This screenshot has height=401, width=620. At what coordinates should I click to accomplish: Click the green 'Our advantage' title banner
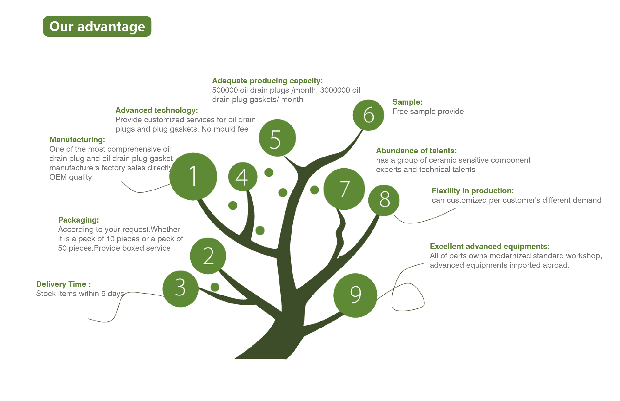[97, 26]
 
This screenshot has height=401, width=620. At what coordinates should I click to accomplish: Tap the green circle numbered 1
[193, 176]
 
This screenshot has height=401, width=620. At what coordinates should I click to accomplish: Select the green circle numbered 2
[208, 256]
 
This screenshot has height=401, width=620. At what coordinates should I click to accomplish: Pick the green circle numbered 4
[243, 177]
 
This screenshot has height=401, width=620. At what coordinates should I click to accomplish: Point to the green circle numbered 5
[277, 138]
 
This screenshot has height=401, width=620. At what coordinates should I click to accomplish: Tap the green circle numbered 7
[344, 189]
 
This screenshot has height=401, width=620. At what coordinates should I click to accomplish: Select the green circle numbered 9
[355, 295]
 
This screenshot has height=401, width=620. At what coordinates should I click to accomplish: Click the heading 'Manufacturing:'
[77, 140]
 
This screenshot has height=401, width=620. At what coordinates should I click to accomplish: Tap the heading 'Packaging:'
[78, 220]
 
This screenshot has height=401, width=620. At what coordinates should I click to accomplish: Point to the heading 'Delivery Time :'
[63, 284]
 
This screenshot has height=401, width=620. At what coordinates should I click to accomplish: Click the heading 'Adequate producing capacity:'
[267, 81]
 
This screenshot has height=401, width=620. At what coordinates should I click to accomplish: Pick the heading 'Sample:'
[407, 102]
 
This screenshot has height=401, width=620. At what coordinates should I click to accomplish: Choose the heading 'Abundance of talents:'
[416, 151]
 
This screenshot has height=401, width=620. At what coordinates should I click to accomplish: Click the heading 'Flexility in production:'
[472, 191]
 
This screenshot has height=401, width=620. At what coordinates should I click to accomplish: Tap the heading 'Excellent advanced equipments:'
[490, 246]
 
